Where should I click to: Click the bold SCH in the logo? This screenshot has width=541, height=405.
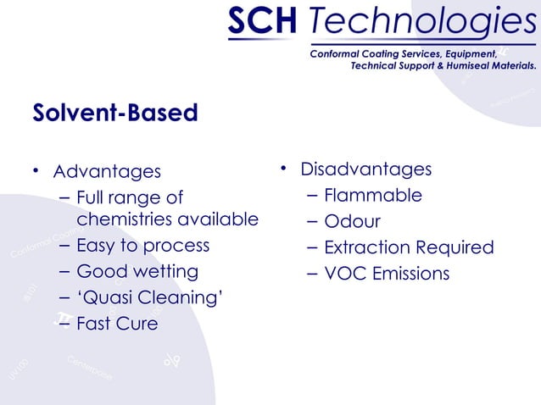(x=260, y=23)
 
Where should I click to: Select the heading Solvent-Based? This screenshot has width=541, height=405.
(x=114, y=113)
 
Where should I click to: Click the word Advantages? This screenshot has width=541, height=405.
(x=107, y=172)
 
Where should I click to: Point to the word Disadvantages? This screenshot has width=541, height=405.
(x=365, y=169)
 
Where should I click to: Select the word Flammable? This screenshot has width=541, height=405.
(x=373, y=196)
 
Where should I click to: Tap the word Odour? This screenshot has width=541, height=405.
(x=353, y=222)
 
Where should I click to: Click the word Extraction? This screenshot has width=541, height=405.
(x=367, y=247)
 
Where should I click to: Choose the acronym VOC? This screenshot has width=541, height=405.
(x=343, y=274)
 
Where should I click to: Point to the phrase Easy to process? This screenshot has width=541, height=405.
(x=142, y=246)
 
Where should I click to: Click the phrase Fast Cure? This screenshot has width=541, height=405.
(x=117, y=324)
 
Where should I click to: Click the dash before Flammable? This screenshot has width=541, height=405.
(x=310, y=197)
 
